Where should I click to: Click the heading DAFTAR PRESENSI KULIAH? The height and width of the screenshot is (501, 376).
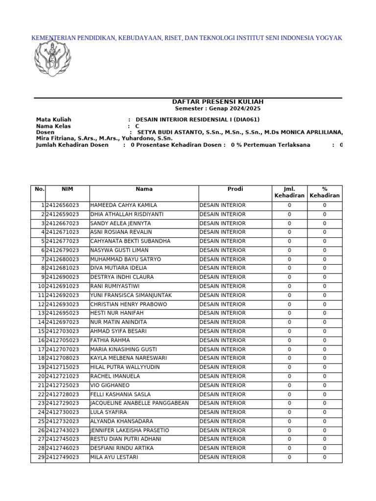[217, 101]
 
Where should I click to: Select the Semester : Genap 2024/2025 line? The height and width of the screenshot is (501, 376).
[217, 109]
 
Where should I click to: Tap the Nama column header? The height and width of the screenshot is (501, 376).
[144, 189]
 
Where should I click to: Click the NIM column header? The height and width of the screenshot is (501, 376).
[67, 189]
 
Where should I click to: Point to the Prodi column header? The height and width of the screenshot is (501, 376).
[235, 189]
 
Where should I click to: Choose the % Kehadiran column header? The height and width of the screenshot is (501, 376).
[325, 192]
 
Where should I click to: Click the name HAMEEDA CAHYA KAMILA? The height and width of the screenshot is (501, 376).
[124, 205]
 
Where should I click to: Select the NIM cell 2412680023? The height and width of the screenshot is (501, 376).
[62, 259]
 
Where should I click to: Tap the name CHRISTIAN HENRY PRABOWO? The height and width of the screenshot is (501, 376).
[129, 304]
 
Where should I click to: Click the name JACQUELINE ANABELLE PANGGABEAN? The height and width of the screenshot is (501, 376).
[140, 403]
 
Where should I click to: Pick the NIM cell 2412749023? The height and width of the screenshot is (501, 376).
[62, 457]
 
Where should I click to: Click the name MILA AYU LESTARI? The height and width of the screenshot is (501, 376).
[114, 457]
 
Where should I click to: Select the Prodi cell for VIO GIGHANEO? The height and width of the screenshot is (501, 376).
[223, 386]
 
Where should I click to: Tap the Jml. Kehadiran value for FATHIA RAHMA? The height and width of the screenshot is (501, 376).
[289, 341]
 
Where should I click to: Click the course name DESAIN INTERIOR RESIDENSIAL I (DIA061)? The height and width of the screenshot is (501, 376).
[197, 119]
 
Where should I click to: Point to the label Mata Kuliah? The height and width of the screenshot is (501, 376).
[53, 119]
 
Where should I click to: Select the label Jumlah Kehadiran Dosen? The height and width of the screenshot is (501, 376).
[72, 145]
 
